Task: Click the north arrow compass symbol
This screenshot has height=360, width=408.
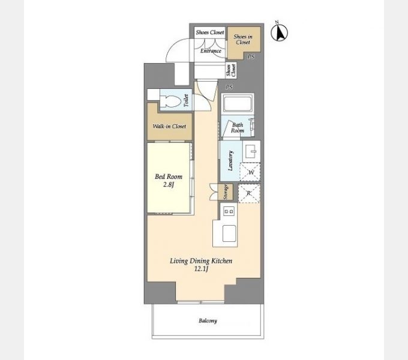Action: [x=279, y=33]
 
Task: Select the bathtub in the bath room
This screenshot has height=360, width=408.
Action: [x=238, y=103]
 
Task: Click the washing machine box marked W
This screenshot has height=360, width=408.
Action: [x=250, y=172]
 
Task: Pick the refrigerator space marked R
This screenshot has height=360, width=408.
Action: [x=249, y=193]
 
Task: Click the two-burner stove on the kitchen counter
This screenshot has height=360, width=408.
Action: [x=229, y=211]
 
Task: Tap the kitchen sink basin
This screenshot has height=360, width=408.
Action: [x=229, y=233]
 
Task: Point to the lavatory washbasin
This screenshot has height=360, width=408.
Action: [x=251, y=151]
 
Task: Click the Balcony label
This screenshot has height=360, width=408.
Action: [x=208, y=320]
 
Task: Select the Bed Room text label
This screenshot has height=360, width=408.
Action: [x=169, y=176]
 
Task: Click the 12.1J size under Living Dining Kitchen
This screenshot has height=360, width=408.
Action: [x=201, y=269]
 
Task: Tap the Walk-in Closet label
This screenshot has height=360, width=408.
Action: [x=169, y=127]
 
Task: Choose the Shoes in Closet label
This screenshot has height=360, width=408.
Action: [x=243, y=39]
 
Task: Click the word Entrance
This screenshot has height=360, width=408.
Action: [x=211, y=51]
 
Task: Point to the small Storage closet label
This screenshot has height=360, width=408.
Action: [x=226, y=192]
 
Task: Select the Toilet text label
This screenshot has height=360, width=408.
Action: [x=186, y=100]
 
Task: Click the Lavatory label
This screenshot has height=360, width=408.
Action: [x=230, y=160]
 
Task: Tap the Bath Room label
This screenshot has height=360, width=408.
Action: [x=238, y=127]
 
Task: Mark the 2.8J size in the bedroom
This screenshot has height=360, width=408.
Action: [x=169, y=185]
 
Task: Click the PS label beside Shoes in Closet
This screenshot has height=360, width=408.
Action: [x=251, y=57]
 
